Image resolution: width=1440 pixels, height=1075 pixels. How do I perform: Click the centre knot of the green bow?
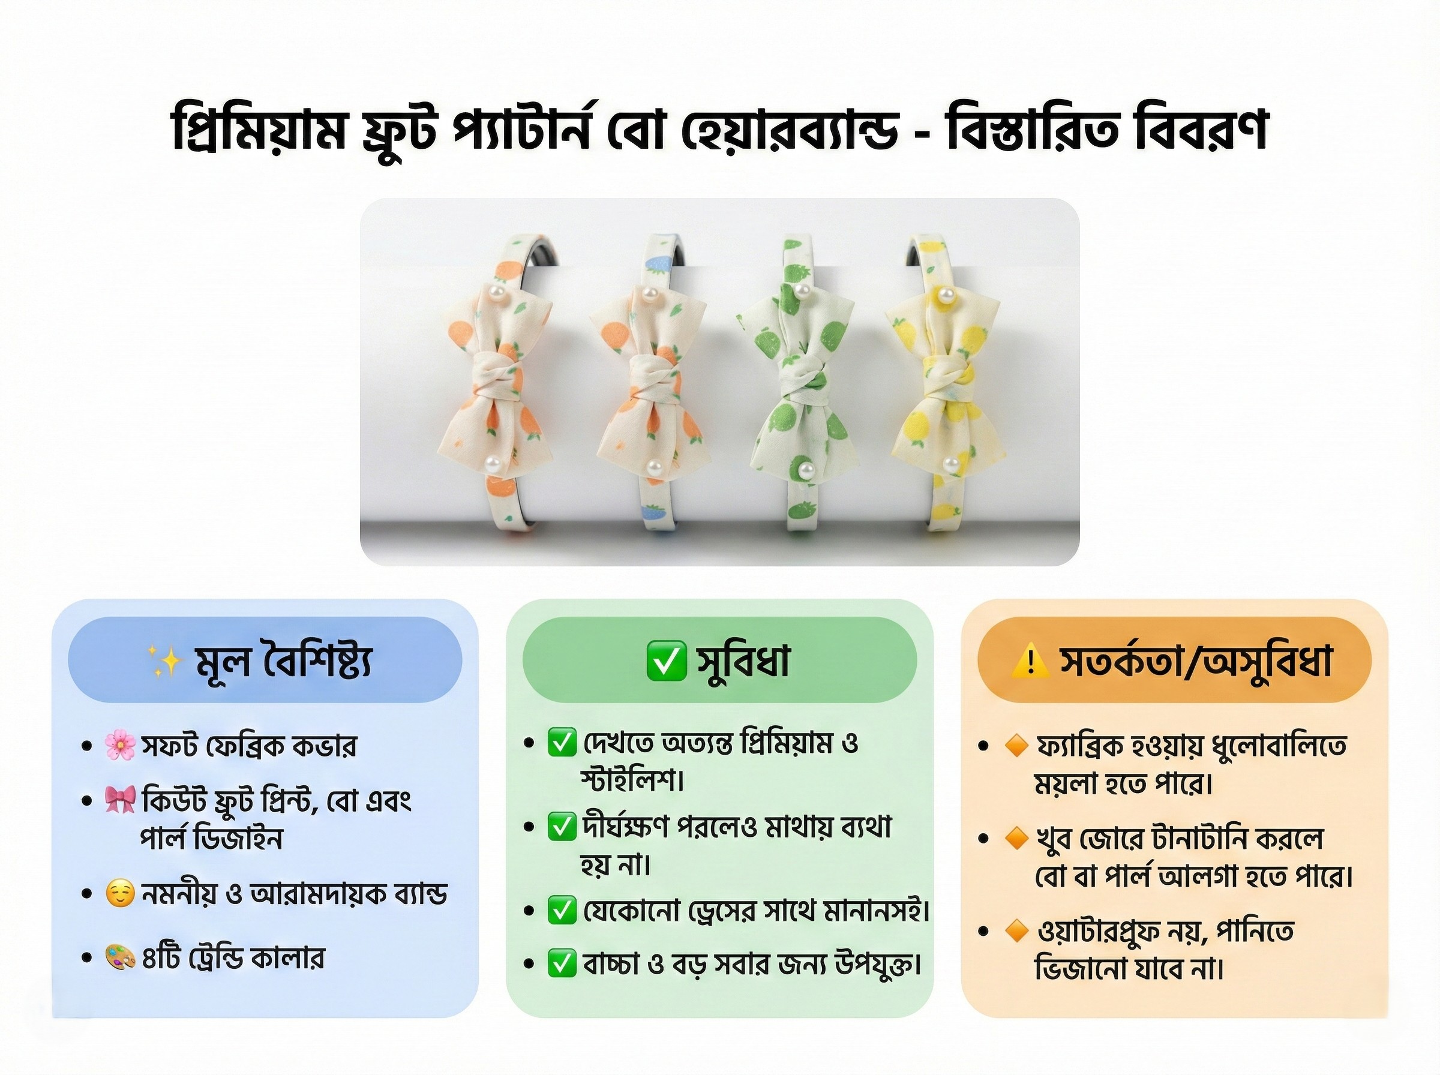(806, 383)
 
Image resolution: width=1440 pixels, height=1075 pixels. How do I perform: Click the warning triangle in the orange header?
(1030, 661)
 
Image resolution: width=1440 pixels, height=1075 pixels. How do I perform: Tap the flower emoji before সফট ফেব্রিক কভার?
(120, 745)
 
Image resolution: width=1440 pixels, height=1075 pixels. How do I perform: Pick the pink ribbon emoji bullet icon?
(120, 800)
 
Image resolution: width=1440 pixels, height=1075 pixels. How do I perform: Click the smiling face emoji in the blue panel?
(120, 893)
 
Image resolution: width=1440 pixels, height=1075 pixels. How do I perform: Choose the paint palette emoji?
(120, 957)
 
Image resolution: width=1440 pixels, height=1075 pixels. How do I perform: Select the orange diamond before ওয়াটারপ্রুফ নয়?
(1016, 931)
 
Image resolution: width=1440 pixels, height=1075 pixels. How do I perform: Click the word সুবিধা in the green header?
(743, 660)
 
